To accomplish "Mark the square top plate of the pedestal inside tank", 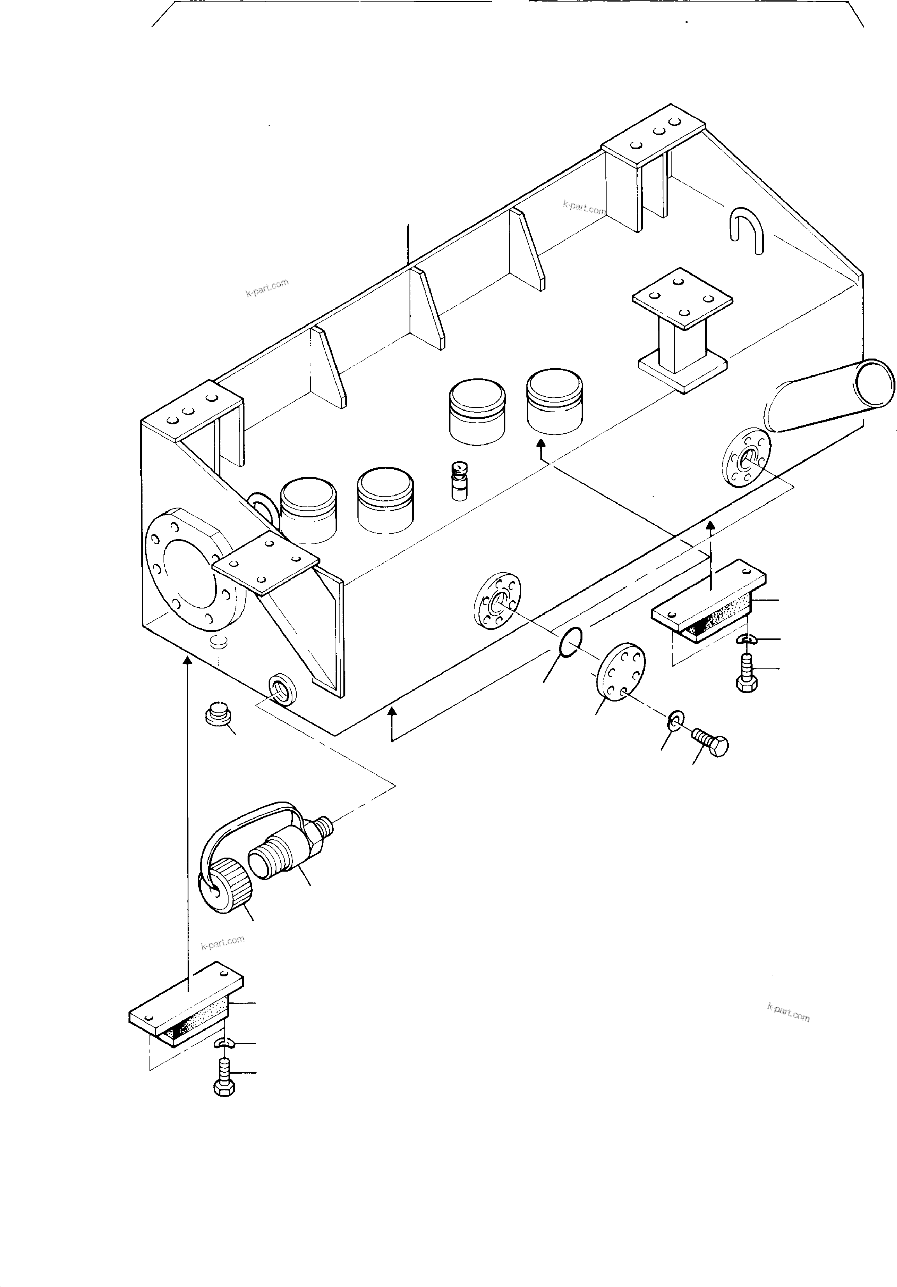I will (682, 298).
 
